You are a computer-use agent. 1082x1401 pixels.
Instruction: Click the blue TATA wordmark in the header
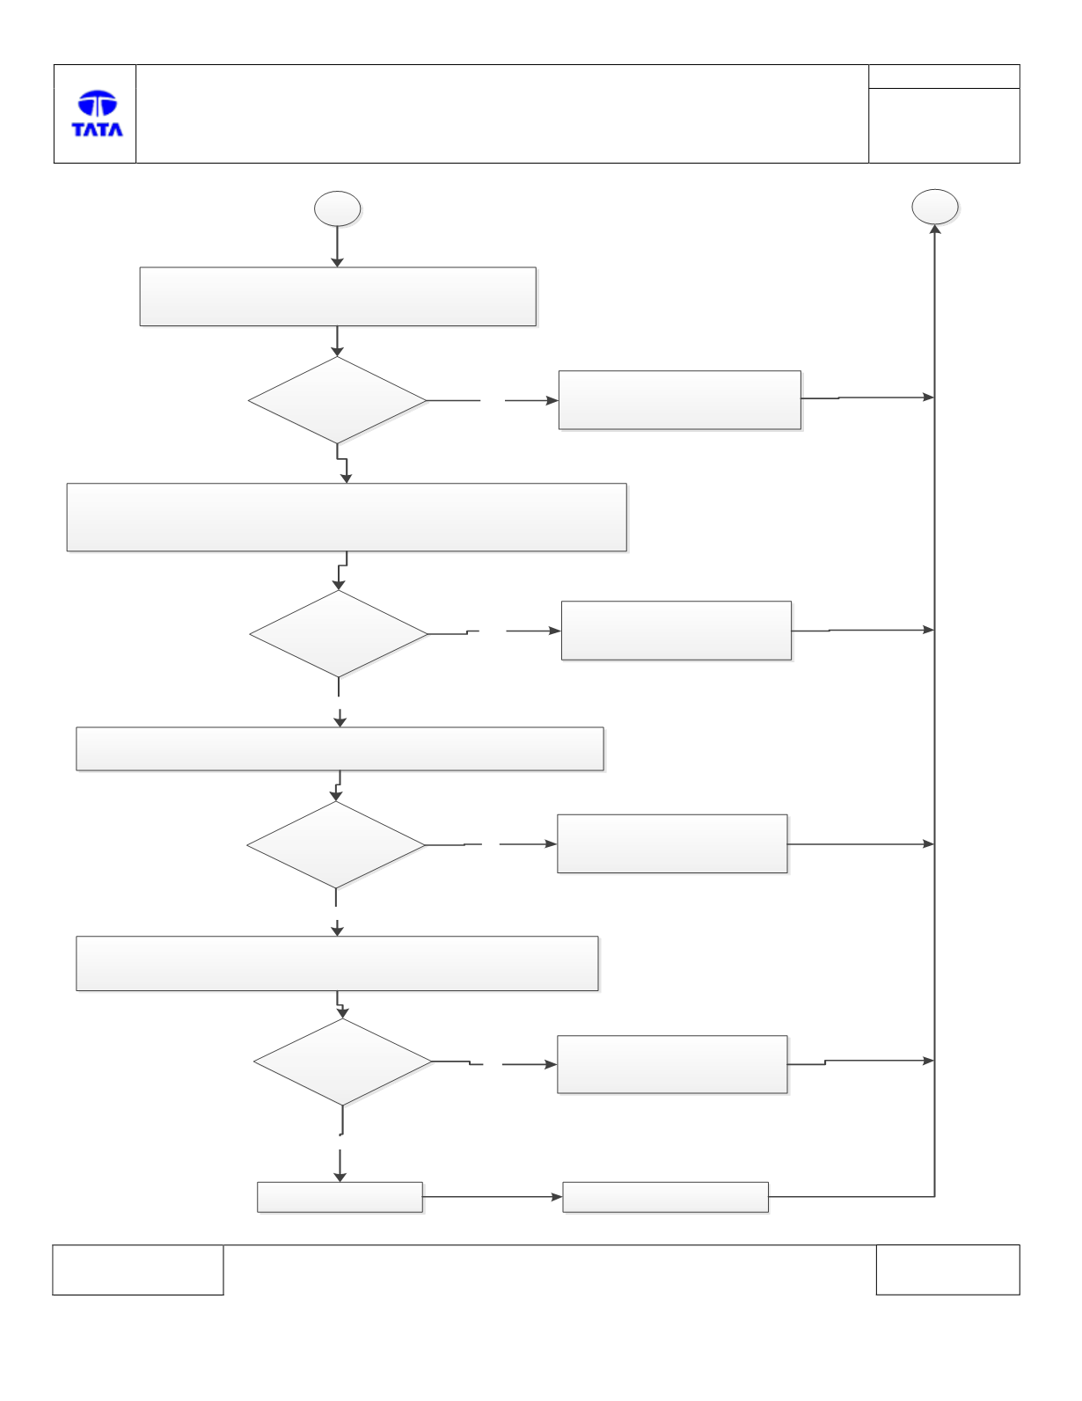coord(97,129)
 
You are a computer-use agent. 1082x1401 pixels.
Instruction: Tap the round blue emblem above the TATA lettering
coord(98,103)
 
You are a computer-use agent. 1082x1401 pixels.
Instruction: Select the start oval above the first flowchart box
coord(337,208)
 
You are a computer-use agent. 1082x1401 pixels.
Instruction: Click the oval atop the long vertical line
coord(935,207)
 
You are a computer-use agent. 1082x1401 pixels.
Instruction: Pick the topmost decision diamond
coord(337,400)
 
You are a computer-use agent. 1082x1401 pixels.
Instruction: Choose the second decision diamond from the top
coord(339,634)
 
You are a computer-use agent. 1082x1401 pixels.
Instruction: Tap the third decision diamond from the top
coord(336,844)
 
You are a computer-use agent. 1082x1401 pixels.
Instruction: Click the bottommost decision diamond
coord(342,1062)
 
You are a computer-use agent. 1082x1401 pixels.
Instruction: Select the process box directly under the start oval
coord(338,296)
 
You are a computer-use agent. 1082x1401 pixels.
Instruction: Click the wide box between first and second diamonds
coord(347,517)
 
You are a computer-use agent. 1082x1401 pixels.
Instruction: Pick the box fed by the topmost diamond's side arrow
coord(680,400)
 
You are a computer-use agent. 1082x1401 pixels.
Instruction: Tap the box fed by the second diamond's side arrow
coord(676,631)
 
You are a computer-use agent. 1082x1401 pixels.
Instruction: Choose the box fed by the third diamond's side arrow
coord(672,844)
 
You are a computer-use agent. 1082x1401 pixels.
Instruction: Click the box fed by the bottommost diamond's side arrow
coord(672,1064)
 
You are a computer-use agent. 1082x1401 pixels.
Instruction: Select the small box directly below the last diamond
coord(340,1197)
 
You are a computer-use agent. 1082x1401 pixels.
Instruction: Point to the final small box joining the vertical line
coord(665,1197)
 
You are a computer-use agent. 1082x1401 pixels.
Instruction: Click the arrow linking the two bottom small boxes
coord(493,1197)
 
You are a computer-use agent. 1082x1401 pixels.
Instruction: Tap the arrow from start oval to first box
coord(337,246)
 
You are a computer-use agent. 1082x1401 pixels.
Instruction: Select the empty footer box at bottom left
coord(138,1270)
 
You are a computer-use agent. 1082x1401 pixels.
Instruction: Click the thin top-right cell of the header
coord(944,77)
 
